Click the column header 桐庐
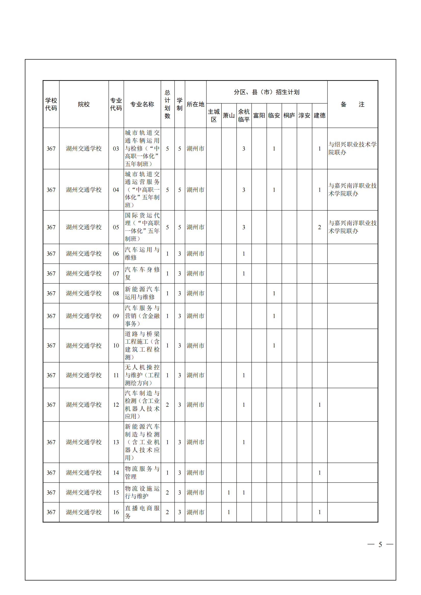click(x=289, y=115)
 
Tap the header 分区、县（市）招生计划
click(x=266, y=92)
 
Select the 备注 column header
click(x=352, y=105)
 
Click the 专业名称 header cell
click(x=142, y=105)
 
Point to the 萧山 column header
click(x=229, y=115)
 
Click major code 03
click(x=116, y=149)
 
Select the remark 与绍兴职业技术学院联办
click(x=352, y=149)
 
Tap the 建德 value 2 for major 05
click(x=319, y=227)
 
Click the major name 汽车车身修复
click(x=142, y=274)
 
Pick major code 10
click(x=116, y=346)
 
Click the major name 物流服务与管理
click(x=142, y=473)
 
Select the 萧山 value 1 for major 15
click(x=229, y=493)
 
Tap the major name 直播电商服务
click(x=142, y=512)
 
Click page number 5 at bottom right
click(x=380, y=544)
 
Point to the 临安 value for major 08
click(x=274, y=294)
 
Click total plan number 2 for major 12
click(x=167, y=405)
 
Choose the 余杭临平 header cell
click(x=244, y=115)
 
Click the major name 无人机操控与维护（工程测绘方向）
click(x=142, y=375)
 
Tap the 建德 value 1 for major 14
click(x=319, y=473)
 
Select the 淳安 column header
click(x=304, y=115)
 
